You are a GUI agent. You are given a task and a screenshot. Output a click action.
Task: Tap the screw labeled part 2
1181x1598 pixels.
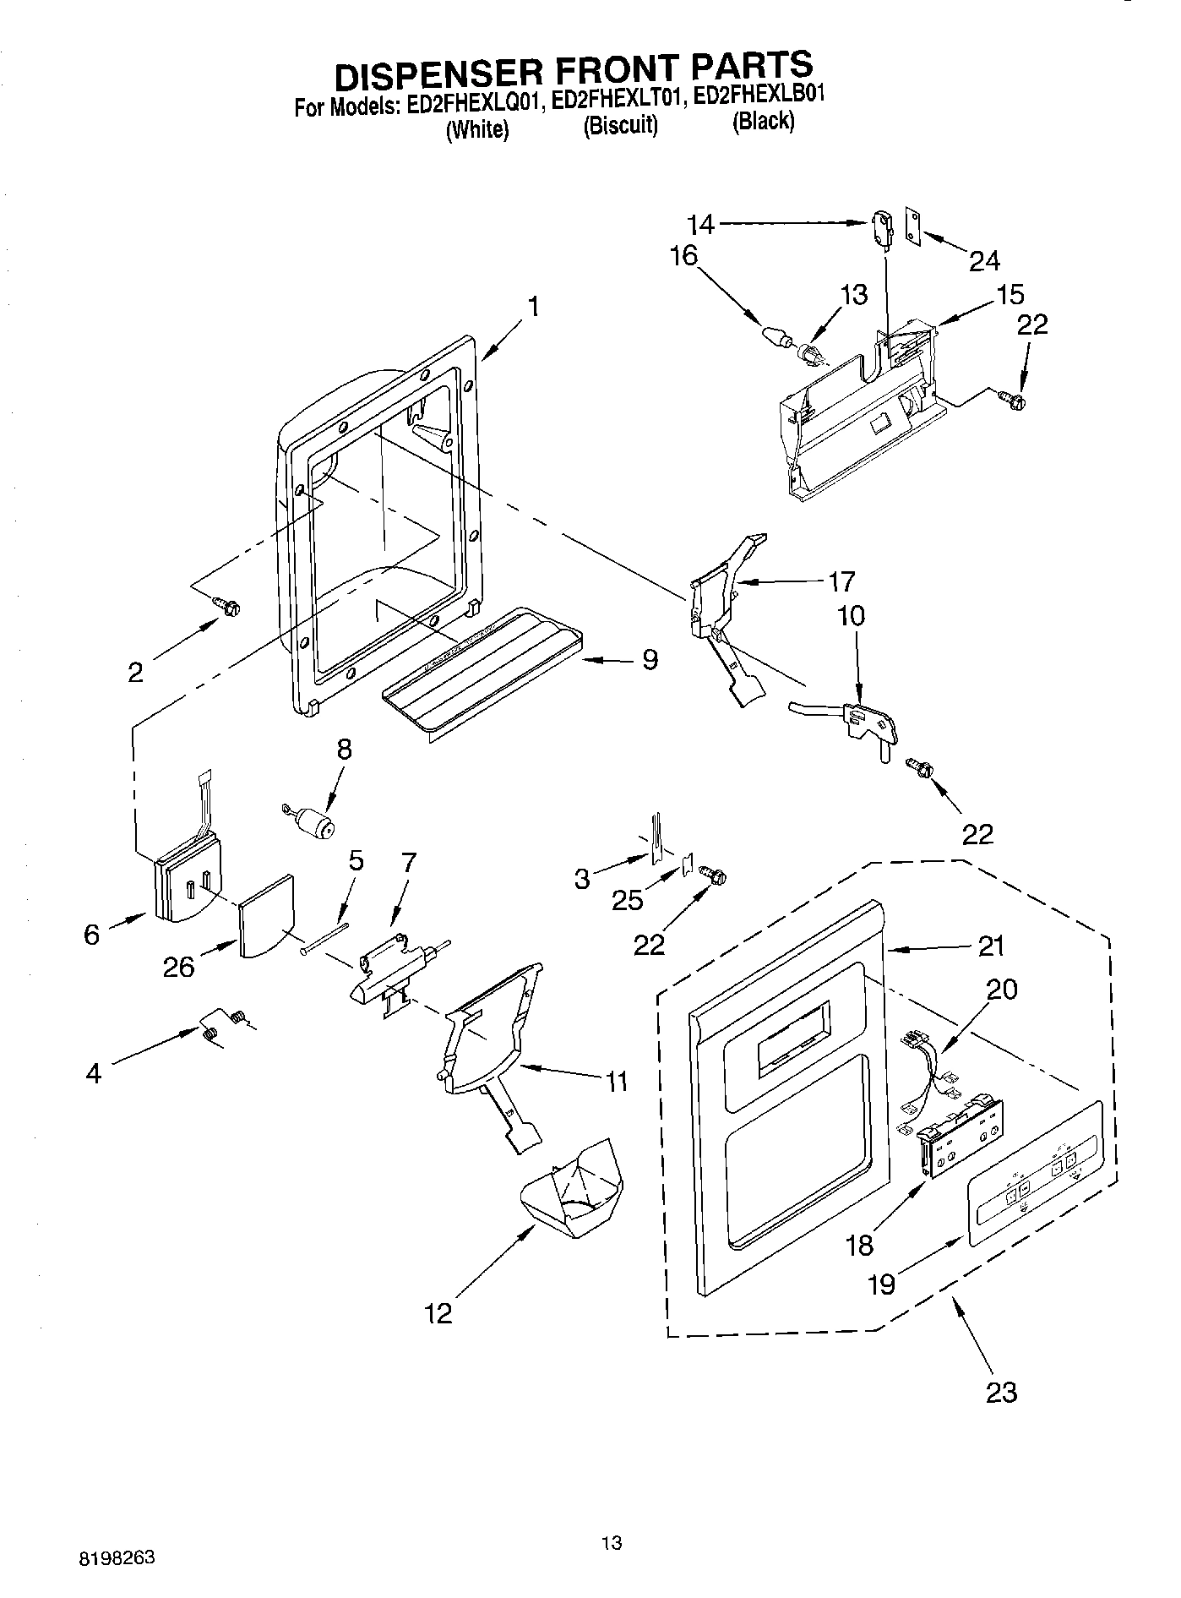(x=228, y=604)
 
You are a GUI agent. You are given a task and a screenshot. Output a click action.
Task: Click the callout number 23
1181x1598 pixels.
(x=1001, y=1392)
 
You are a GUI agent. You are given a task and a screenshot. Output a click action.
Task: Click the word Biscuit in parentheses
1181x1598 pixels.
(x=620, y=125)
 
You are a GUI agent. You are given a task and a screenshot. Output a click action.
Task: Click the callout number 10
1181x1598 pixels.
(x=851, y=615)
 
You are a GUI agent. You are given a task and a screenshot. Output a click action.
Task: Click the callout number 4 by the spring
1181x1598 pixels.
(x=94, y=1073)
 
